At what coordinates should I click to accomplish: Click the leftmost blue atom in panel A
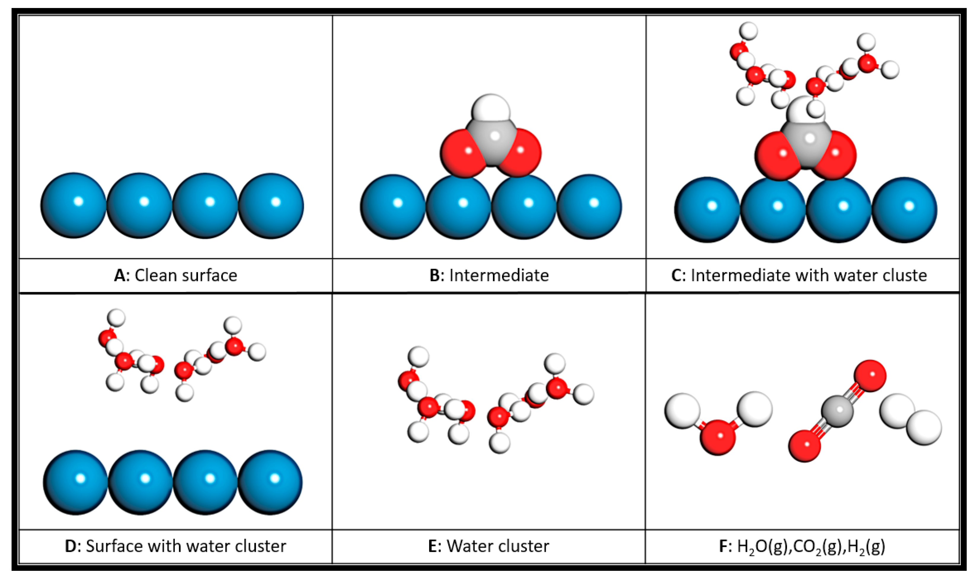pos(73,205)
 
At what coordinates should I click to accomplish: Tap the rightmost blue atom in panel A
pos(271,206)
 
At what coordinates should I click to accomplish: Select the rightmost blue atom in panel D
pos(270,482)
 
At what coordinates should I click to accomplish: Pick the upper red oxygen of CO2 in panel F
pos(870,376)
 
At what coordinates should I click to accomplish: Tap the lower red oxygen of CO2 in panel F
pos(804,446)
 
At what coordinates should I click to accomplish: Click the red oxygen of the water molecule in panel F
pos(718,437)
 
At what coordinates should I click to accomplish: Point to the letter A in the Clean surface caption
pos(119,275)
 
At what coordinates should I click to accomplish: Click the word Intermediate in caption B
pos(499,275)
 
